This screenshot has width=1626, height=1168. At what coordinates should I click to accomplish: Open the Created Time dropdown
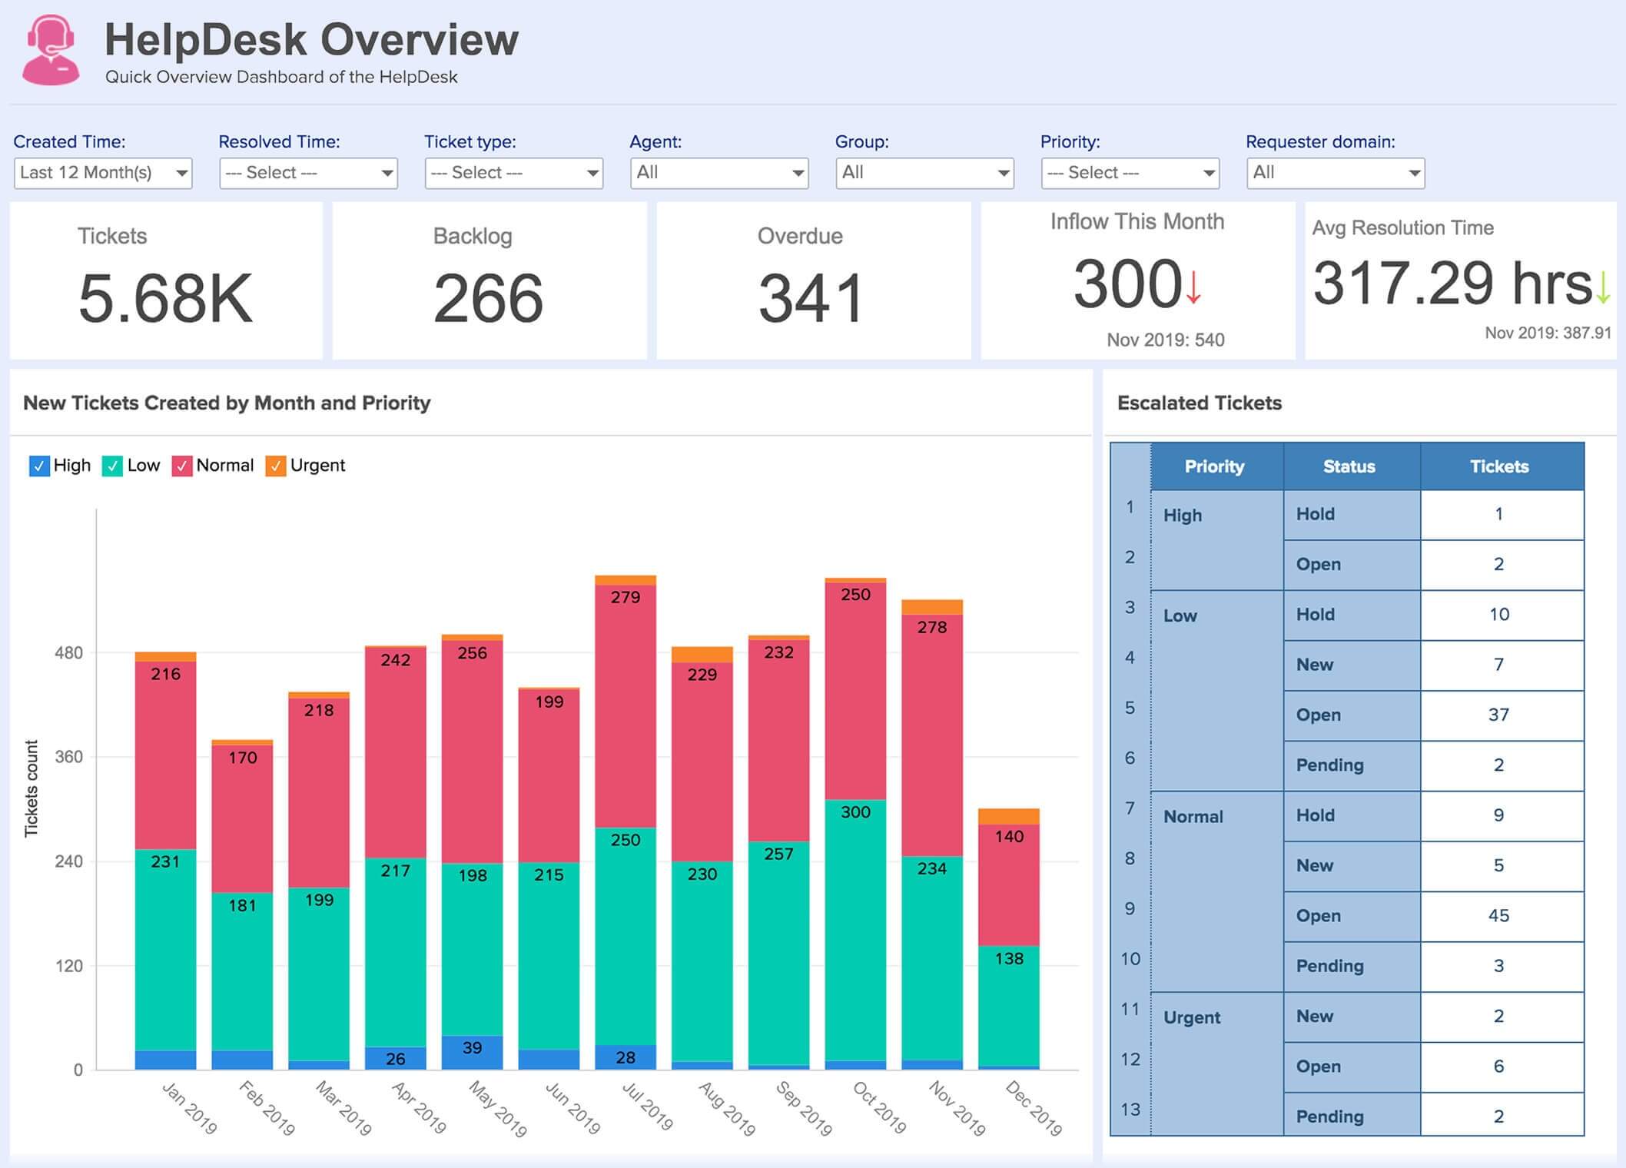(x=103, y=173)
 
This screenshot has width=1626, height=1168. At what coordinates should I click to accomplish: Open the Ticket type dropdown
(x=513, y=173)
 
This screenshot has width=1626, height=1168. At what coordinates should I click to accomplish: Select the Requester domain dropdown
(x=1336, y=173)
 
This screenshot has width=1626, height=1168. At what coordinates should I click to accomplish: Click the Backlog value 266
(x=488, y=299)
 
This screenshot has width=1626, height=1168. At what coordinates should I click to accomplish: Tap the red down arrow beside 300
(x=1193, y=287)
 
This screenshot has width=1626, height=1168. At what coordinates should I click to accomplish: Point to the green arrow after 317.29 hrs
(x=1603, y=287)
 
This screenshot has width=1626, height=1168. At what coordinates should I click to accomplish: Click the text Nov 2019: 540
(x=1165, y=340)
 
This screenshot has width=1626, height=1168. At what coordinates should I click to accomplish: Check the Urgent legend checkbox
(x=275, y=466)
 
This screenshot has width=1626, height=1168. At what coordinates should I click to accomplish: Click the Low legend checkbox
(x=112, y=466)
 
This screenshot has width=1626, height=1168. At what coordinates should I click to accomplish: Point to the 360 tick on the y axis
(x=68, y=757)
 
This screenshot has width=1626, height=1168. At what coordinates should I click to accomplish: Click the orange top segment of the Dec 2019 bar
(x=1008, y=816)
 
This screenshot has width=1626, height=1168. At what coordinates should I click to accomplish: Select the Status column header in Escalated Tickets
(x=1350, y=466)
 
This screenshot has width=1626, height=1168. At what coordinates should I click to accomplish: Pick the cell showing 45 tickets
(x=1499, y=916)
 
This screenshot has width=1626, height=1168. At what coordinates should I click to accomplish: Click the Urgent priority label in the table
(x=1192, y=1017)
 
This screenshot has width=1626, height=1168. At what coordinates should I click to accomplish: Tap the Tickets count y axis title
(x=32, y=788)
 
